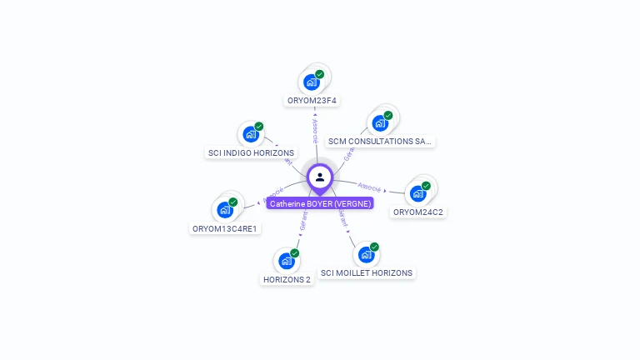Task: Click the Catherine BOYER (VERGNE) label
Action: tap(320, 203)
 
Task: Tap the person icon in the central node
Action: tap(320, 177)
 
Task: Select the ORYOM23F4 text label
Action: tap(312, 101)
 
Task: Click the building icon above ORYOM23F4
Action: tap(312, 82)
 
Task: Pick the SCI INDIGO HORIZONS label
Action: tap(251, 153)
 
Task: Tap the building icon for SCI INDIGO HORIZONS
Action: tap(250, 134)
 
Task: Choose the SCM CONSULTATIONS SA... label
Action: tap(380, 142)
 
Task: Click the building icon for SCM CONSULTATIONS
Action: tap(380, 122)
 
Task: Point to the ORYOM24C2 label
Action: tap(418, 212)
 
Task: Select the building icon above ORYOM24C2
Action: tap(417, 193)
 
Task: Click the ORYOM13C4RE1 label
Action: tap(224, 228)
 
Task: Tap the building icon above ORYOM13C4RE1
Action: tap(224, 210)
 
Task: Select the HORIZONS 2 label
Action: tap(287, 280)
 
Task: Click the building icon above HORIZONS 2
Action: tap(287, 261)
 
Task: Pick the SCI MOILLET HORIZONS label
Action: tap(367, 273)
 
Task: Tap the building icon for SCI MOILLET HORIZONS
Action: tap(366, 254)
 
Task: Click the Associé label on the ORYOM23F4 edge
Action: tap(315, 130)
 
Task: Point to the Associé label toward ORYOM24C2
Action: tap(369, 187)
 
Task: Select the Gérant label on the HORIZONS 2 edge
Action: tap(303, 221)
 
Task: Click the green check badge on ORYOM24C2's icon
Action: tap(426, 186)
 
